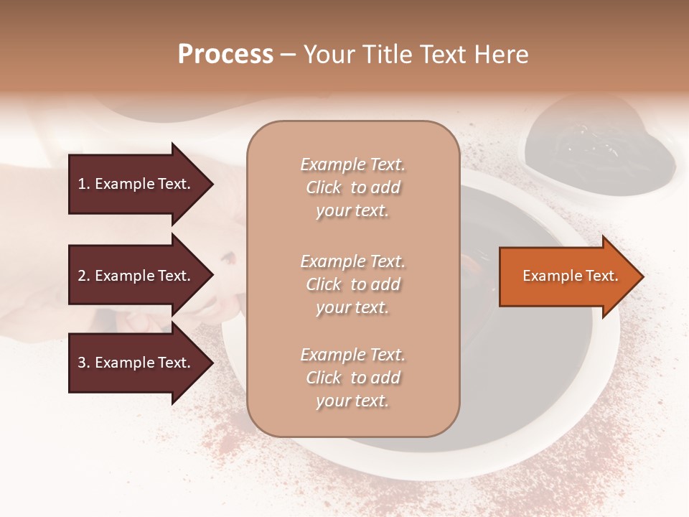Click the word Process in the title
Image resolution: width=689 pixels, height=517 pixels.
tap(225, 55)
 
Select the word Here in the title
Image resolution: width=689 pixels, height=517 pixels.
tap(502, 55)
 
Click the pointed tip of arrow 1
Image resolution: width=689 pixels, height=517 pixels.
tap(211, 184)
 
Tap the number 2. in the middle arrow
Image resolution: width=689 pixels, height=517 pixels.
tap(84, 276)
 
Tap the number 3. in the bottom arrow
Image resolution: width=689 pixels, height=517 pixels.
tap(84, 363)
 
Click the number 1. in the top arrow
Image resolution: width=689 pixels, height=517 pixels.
tap(84, 184)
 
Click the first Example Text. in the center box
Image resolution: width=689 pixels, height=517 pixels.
tap(352, 164)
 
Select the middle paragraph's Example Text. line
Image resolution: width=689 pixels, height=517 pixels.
tap(352, 261)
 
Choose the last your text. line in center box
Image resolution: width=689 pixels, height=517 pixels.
tap(352, 401)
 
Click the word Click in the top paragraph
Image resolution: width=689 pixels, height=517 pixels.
tap(324, 187)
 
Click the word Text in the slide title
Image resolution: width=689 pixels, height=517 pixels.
tap(442, 55)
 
